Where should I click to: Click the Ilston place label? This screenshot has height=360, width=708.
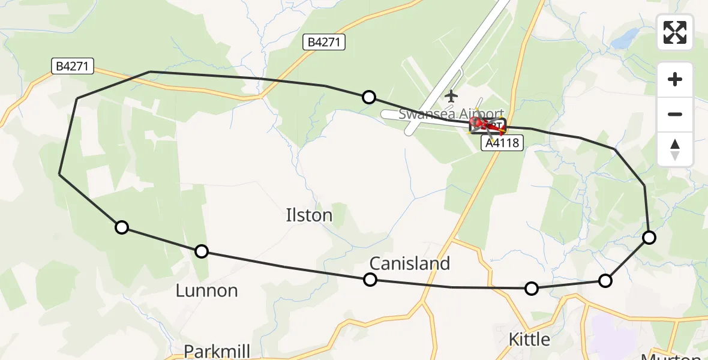310,215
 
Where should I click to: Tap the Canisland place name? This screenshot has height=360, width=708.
410,263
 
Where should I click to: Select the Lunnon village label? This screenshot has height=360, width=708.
206,291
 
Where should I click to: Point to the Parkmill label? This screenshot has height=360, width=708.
217,351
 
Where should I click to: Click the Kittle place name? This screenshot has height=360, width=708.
529,340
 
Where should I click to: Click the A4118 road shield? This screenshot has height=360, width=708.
502,143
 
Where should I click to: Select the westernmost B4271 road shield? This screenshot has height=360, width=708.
73,66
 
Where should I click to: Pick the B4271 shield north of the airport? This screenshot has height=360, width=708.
324,42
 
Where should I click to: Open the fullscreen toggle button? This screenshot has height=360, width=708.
675,32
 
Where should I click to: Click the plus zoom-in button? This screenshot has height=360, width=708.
675,79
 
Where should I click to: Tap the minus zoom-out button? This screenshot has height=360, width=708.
675,114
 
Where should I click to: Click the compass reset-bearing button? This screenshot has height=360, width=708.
675,149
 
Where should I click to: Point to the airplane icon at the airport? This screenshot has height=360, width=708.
451,95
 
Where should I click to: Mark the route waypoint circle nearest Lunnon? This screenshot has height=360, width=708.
202,251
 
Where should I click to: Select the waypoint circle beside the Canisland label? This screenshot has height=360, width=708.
370,280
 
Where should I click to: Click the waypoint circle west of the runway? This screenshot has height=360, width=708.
369,97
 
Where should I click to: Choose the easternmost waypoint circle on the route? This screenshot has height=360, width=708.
649,238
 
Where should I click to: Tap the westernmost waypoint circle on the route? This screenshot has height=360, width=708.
122,227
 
